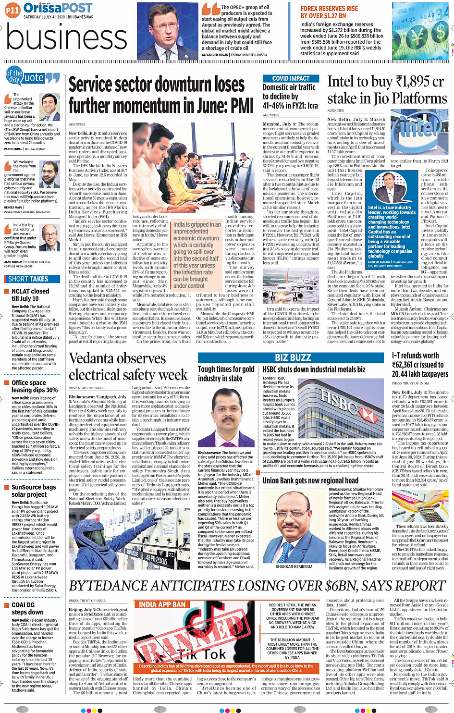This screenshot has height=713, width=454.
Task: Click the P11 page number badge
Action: point(12,10)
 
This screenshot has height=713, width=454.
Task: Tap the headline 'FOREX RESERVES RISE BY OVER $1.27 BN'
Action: point(329,12)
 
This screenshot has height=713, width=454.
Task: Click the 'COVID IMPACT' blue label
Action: point(291,78)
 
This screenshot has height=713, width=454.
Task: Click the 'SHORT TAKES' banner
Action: point(28,279)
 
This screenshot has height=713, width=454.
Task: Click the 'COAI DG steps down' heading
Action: point(23,608)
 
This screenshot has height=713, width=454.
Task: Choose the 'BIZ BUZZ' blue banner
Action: point(293,357)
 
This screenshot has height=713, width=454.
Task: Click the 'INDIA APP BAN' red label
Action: point(162,604)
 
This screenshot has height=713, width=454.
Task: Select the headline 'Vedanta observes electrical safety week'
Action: point(128,367)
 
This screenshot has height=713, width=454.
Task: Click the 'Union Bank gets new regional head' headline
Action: point(310,480)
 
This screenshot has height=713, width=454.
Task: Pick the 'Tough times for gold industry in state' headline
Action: point(226,373)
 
